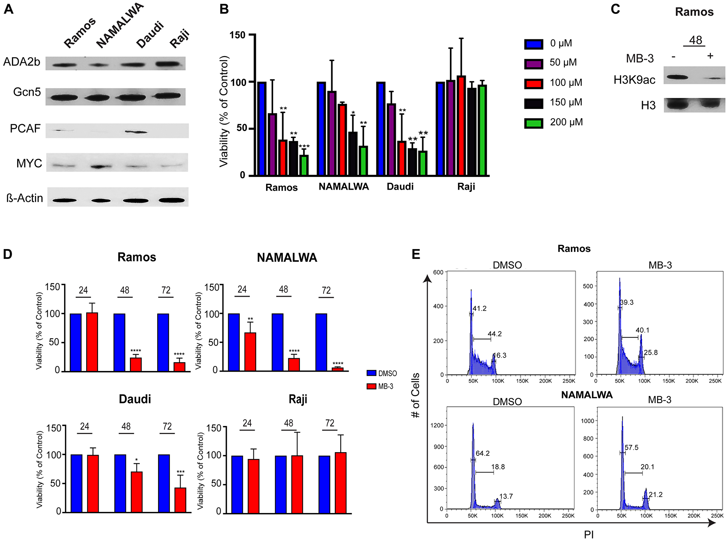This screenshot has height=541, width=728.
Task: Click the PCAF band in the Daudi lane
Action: coord(136,132)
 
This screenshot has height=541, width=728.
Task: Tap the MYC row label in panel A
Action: coord(29,163)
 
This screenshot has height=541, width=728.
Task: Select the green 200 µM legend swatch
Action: coord(533,123)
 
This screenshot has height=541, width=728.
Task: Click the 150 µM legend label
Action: coord(566,102)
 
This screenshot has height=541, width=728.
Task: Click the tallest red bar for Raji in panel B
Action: coord(461,126)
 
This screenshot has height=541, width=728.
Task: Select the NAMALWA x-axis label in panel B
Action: coord(344,187)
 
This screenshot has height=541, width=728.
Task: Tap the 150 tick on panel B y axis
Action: coord(237,35)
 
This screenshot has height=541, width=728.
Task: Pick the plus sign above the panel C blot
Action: coord(710,56)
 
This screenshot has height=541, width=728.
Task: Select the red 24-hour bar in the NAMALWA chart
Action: coord(250,352)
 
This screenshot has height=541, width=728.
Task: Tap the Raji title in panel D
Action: coord(298,399)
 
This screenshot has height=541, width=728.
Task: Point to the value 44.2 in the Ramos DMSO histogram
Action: coord(495,334)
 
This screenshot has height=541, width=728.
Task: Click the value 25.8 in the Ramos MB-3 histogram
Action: coord(650,352)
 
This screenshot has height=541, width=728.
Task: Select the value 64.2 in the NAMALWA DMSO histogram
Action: coord(482,453)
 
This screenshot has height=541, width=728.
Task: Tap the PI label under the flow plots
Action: coord(589,534)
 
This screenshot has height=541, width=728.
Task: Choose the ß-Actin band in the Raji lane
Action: coord(172,200)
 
